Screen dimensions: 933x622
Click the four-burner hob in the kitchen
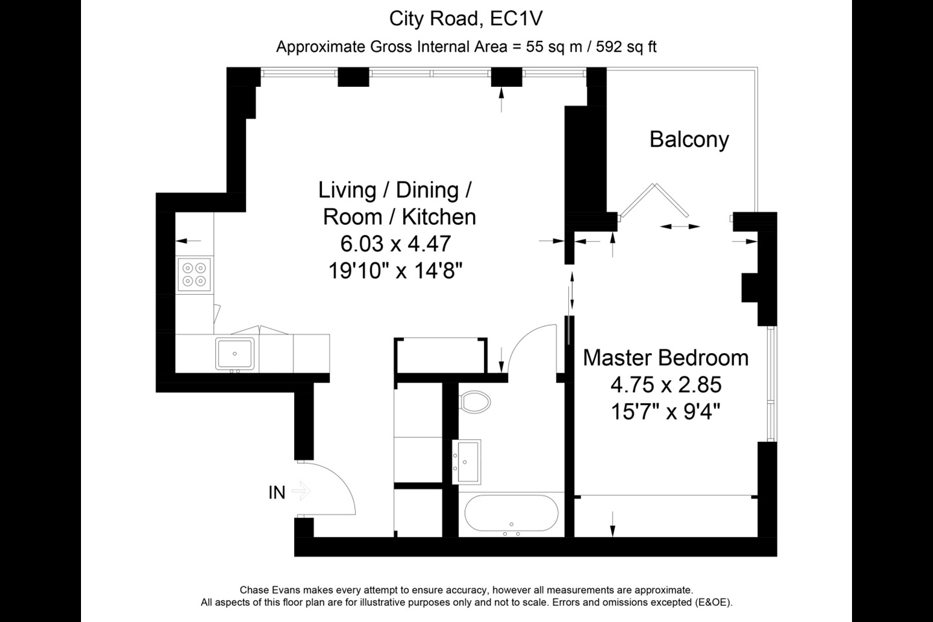click(x=194, y=274)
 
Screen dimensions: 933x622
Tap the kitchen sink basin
click(x=235, y=354)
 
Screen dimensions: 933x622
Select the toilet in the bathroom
click(x=474, y=402)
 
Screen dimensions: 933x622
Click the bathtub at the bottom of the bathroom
click(x=511, y=513)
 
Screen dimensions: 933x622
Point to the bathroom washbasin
click(x=466, y=462)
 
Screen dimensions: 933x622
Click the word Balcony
click(x=689, y=139)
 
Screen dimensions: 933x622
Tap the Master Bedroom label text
click(x=665, y=358)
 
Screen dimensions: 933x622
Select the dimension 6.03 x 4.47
click(x=396, y=244)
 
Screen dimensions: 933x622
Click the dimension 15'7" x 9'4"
click(x=665, y=411)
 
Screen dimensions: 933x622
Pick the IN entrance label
click(x=277, y=493)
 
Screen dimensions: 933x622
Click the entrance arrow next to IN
click(x=301, y=490)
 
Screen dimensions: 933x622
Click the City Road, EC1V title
click(x=466, y=19)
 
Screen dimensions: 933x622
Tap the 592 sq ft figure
click(x=626, y=47)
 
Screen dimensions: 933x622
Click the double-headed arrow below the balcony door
click(x=680, y=227)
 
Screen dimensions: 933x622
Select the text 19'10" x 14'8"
click(x=396, y=271)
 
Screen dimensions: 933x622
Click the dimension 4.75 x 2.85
click(x=665, y=384)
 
